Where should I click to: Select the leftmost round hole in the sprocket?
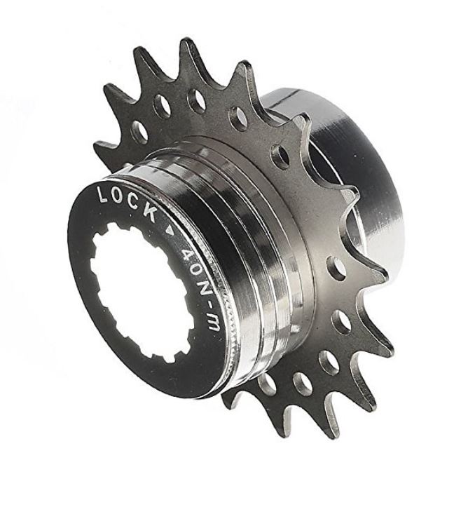coord(139,130)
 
